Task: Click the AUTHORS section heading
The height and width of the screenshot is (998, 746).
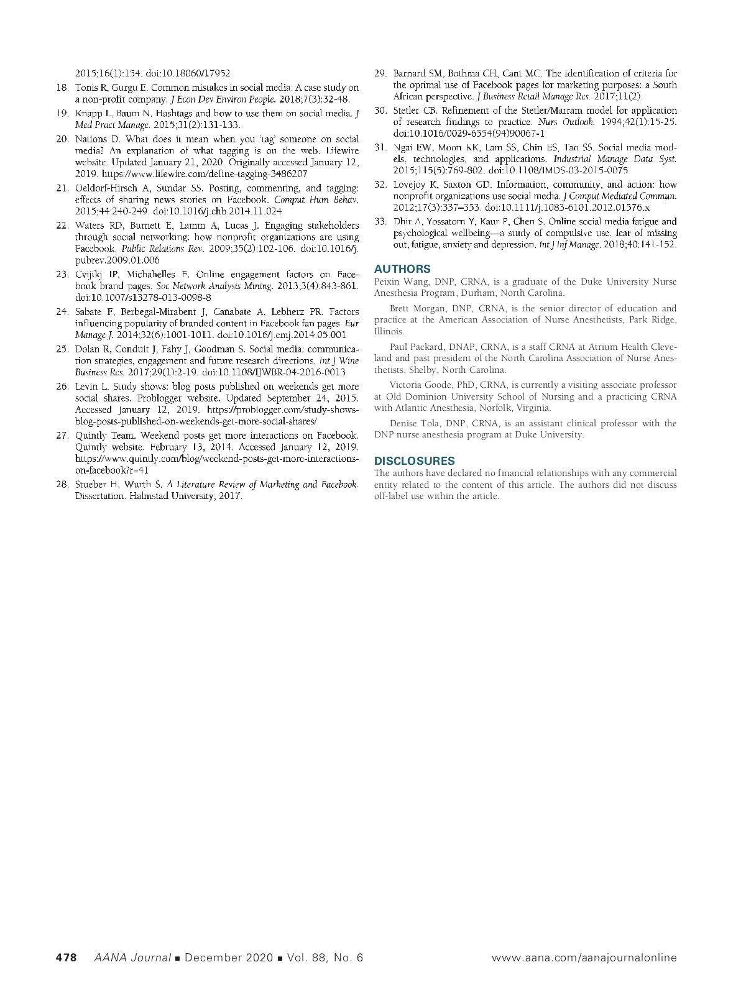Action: click(x=402, y=269)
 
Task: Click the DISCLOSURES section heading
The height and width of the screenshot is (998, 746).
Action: click(x=414, y=461)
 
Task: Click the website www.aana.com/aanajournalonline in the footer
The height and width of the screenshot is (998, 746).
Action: click(x=584, y=958)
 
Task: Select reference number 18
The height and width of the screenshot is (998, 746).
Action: click(x=62, y=88)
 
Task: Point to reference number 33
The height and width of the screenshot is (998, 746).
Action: click(x=380, y=222)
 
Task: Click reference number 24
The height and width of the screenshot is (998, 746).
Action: click(x=62, y=312)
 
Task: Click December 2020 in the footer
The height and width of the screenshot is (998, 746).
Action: click(x=229, y=958)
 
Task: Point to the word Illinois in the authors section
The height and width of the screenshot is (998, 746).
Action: click(x=389, y=332)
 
